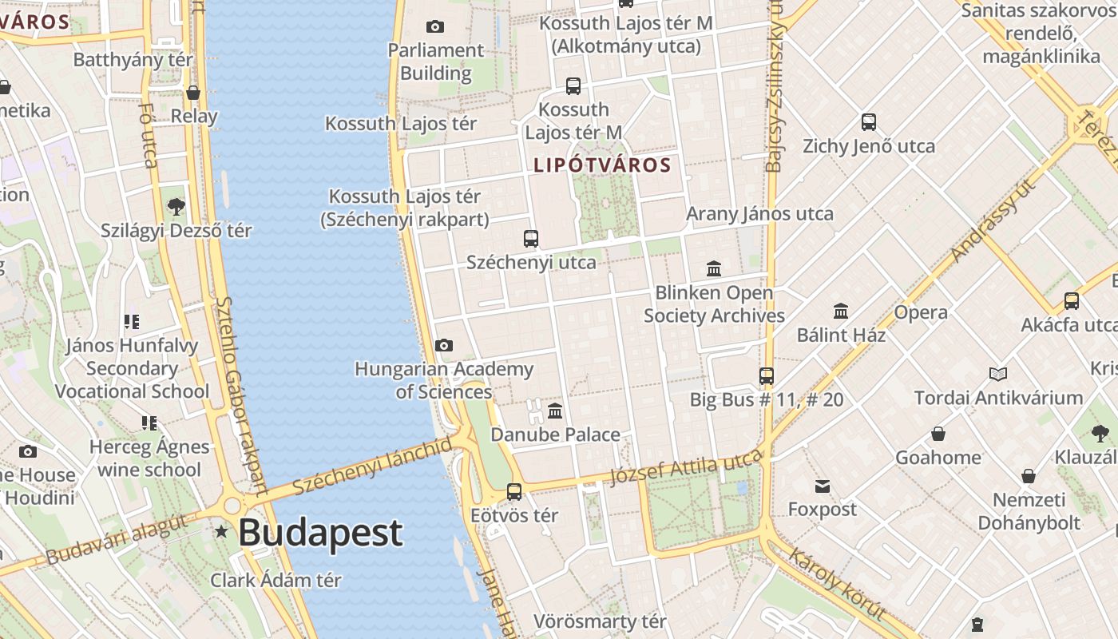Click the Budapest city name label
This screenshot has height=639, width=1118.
click(x=320, y=533)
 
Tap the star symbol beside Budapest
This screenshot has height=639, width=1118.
click(x=221, y=531)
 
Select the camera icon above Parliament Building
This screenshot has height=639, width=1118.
click(x=435, y=26)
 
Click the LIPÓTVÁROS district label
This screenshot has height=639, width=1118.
click(x=602, y=165)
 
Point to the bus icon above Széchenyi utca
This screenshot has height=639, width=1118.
click(x=531, y=238)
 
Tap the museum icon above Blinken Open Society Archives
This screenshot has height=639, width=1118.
click(x=714, y=268)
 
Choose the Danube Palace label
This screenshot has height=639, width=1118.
click(x=555, y=435)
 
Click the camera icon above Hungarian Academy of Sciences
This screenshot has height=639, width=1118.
click(x=444, y=345)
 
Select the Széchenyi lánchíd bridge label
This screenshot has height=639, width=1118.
click(x=372, y=466)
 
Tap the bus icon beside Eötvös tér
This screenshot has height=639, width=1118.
click(x=514, y=491)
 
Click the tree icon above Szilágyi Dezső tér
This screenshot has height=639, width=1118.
click(x=176, y=207)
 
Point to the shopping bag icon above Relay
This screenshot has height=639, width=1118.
click(x=192, y=93)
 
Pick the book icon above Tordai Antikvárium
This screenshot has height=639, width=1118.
click(x=997, y=374)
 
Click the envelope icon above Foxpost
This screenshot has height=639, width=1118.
click(x=823, y=486)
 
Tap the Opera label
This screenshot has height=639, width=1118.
click(x=921, y=312)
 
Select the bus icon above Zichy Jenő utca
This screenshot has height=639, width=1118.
click(x=869, y=122)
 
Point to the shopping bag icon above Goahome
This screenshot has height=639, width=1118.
click(x=938, y=434)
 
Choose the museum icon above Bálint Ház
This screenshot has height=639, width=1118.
click(x=841, y=311)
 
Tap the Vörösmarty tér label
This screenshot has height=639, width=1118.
click(x=600, y=621)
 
